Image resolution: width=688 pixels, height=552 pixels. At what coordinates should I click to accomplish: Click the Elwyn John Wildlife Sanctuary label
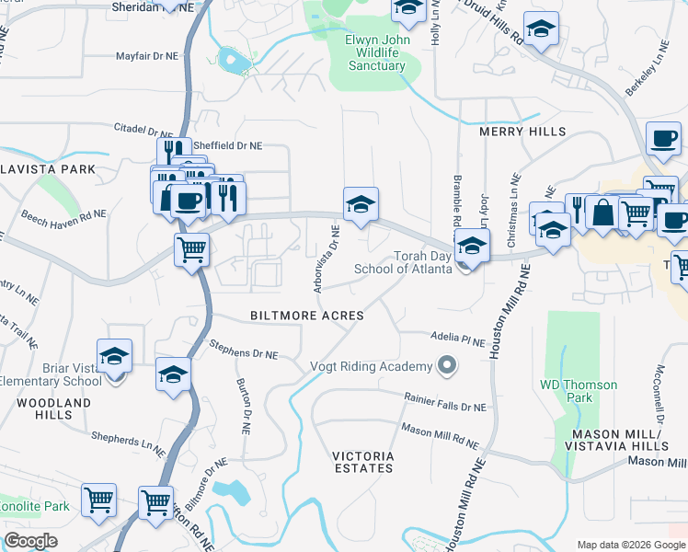[x=375, y=53]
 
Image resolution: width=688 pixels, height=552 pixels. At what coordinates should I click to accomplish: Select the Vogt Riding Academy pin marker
[x=447, y=366]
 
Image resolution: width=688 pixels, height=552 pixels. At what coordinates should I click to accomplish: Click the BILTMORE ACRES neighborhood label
[x=307, y=316]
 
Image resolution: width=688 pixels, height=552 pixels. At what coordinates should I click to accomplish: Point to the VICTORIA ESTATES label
[x=363, y=462]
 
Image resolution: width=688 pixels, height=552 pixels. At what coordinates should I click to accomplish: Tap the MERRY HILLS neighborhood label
[x=522, y=132]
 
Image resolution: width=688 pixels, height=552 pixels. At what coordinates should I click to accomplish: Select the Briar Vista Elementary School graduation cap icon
[x=115, y=356]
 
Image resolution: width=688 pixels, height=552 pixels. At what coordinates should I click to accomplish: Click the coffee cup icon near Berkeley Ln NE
[x=663, y=139]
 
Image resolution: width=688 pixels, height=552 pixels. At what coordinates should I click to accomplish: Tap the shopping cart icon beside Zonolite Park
[x=98, y=500]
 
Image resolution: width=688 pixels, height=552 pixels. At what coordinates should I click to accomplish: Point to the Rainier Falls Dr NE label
[x=445, y=401]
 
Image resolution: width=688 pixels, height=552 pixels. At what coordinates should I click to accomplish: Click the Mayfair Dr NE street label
[x=146, y=56]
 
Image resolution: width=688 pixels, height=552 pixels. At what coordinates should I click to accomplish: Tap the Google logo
[x=30, y=541]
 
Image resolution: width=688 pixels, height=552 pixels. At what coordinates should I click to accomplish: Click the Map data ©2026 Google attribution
[x=630, y=545]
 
